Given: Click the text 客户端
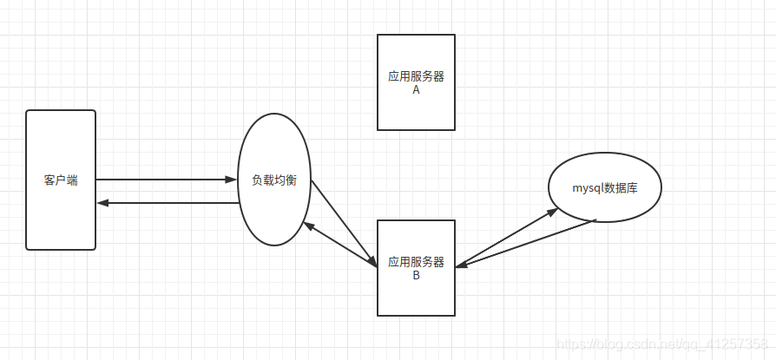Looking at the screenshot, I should click(61, 180).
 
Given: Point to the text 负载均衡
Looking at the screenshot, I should click(274, 180).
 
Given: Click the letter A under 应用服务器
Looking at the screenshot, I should click(416, 89).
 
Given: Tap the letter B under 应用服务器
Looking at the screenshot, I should click(416, 275).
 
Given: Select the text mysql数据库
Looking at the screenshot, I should click(605, 187).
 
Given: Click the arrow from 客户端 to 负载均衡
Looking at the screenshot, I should click(165, 180).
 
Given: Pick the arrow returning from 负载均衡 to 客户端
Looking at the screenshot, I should click(165, 203).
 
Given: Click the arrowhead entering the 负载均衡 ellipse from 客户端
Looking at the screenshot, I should click(232, 180).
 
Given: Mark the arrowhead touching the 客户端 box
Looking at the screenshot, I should click(102, 203).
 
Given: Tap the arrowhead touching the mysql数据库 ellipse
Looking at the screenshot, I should click(552, 211).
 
